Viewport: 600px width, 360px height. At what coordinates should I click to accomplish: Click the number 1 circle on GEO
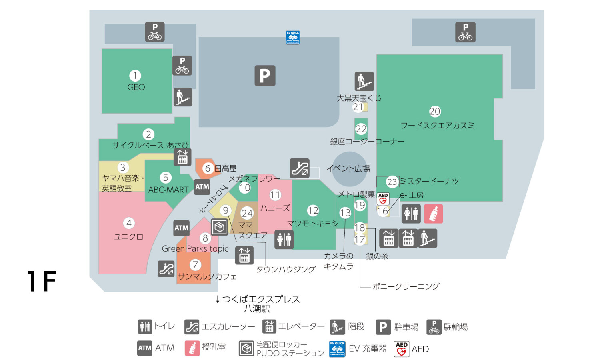coord(135,76)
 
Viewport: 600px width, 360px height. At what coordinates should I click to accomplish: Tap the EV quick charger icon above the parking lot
coord(293,38)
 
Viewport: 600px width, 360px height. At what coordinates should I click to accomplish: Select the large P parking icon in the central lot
coord(265,76)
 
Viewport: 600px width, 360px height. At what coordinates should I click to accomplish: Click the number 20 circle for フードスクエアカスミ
coord(435,111)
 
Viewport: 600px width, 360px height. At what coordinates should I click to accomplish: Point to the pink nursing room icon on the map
coord(433,214)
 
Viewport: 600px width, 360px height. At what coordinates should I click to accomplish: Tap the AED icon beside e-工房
coord(383,199)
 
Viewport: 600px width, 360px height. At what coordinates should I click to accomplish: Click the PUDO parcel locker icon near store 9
coord(219,227)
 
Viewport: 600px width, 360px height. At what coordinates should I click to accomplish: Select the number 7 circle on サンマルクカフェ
coord(195,264)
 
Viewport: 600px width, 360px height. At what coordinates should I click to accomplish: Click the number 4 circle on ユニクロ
coord(129,223)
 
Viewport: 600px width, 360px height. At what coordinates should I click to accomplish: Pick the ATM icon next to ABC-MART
coord(202,187)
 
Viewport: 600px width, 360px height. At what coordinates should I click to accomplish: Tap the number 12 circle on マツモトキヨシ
coord(313,210)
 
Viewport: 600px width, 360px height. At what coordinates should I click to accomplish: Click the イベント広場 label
coord(348,168)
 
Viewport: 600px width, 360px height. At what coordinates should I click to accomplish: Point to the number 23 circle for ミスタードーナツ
coord(392,182)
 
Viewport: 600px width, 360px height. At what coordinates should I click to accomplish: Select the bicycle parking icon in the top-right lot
coord(465,32)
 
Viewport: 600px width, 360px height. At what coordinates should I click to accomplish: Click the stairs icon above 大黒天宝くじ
coord(364,81)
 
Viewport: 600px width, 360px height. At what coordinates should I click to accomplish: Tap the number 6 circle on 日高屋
coord(208,168)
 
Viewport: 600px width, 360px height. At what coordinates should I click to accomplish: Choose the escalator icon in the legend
coord(192,327)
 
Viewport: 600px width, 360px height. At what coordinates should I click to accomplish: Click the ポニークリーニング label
coord(406,286)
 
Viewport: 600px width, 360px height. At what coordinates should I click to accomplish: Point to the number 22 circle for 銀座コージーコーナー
coord(361,129)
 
